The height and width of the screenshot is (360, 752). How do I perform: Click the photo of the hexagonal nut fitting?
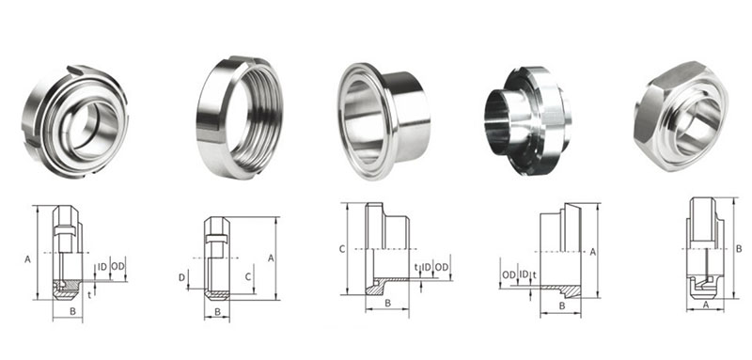(681, 117)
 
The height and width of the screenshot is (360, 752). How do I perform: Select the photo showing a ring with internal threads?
(240, 117)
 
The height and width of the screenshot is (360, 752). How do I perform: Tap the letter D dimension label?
(181, 277)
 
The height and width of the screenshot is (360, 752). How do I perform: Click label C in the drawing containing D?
(248, 276)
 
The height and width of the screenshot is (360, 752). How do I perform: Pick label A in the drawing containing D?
(271, 258)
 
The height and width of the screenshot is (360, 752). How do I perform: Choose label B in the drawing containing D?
(217, 311)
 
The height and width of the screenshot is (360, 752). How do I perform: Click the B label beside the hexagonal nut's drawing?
(739, 249)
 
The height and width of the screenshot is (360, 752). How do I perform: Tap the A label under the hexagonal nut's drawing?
(706, 304)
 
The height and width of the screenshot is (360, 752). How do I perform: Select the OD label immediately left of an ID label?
(509, 274)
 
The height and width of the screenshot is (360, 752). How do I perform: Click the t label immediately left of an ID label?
(415, 267)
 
